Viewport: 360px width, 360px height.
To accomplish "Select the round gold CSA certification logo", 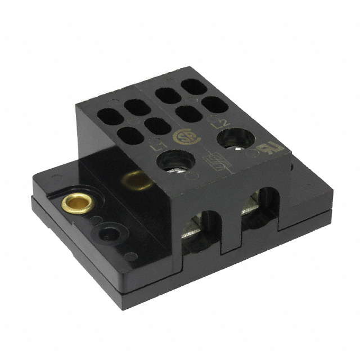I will (184, 138).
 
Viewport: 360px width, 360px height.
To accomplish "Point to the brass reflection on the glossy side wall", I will (133, 181).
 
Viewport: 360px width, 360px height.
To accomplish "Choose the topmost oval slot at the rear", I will (192, 87).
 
